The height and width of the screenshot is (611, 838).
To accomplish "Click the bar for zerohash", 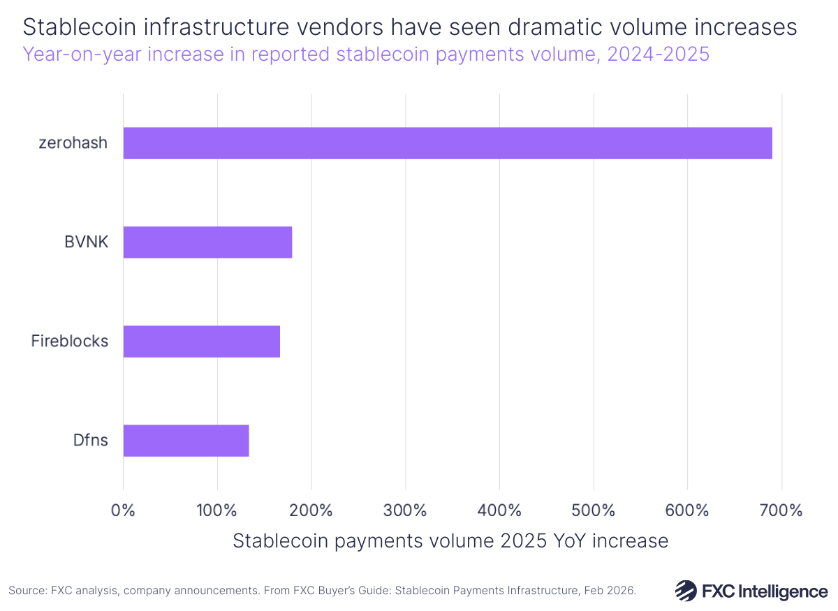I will [447, 143].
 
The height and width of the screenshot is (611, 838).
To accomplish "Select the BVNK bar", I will [207, 242].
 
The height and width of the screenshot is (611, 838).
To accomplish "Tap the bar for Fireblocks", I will [201, 341].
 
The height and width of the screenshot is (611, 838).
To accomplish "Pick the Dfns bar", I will [186, 441].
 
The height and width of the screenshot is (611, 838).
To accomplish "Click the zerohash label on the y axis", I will [74, 143].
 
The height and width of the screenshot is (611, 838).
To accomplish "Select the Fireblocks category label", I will [70, 341].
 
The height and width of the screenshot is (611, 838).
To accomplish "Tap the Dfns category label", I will [90, 441].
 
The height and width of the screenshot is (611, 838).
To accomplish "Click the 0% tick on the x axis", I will [124, 510].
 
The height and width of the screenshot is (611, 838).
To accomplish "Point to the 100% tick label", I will [217, 510].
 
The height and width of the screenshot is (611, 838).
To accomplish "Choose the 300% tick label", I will [405, 510].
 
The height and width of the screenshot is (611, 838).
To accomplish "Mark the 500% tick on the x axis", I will [593, 510].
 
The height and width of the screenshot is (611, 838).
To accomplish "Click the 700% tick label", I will [781, 510].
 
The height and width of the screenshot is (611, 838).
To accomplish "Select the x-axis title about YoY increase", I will [450, 541].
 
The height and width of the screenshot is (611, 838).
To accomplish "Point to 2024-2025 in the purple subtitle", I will [658, 54].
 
